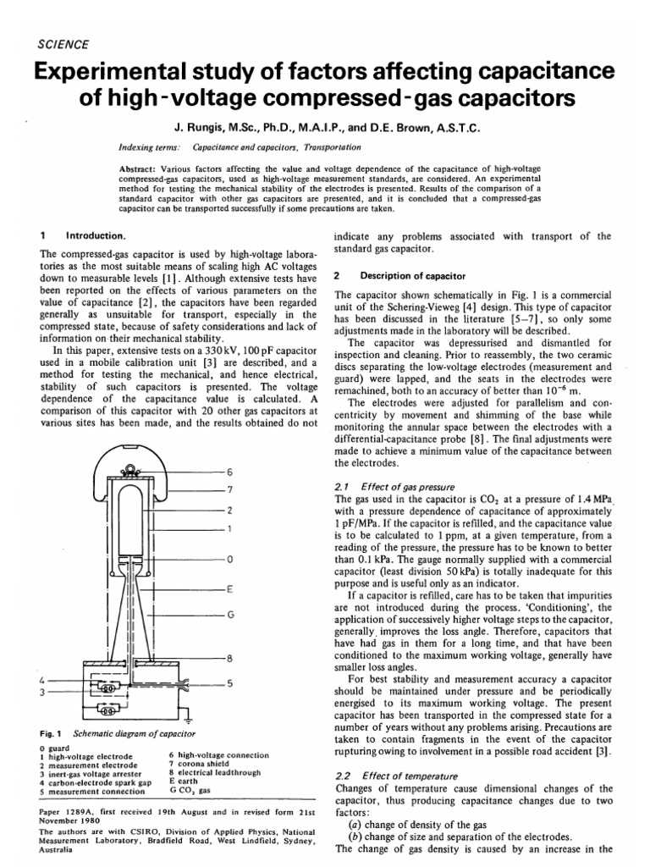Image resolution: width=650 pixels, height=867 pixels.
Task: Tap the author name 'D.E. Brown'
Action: (x=421, y=128)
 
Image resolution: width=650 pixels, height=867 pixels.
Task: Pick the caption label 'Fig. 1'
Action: (x=52, y=732)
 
